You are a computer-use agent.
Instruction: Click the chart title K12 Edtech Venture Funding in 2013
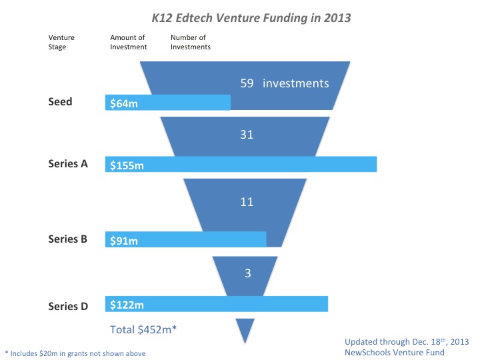click(x=247, y=17)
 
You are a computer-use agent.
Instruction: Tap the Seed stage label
click(x=60, y=102)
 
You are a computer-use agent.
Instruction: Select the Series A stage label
click(x=68, y=164)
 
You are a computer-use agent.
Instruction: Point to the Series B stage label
click(x=68, y=238)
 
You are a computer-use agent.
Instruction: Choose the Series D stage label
click(x=68, y=306)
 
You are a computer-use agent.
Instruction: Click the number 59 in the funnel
click(x=247, y=83)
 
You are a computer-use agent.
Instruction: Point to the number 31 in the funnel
click(x=247, y=134)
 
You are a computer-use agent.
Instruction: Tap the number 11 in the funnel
click(x=247, y=201)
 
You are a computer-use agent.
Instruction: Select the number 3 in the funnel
click(x=247, y=272)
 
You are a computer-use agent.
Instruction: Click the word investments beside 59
click(x=296, y=83)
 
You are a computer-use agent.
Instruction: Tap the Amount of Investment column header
click(x=128, y=43)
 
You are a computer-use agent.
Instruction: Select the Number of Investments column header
click(x=191, y=43)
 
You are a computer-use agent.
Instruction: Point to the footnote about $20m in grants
click(x=75, y=353)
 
